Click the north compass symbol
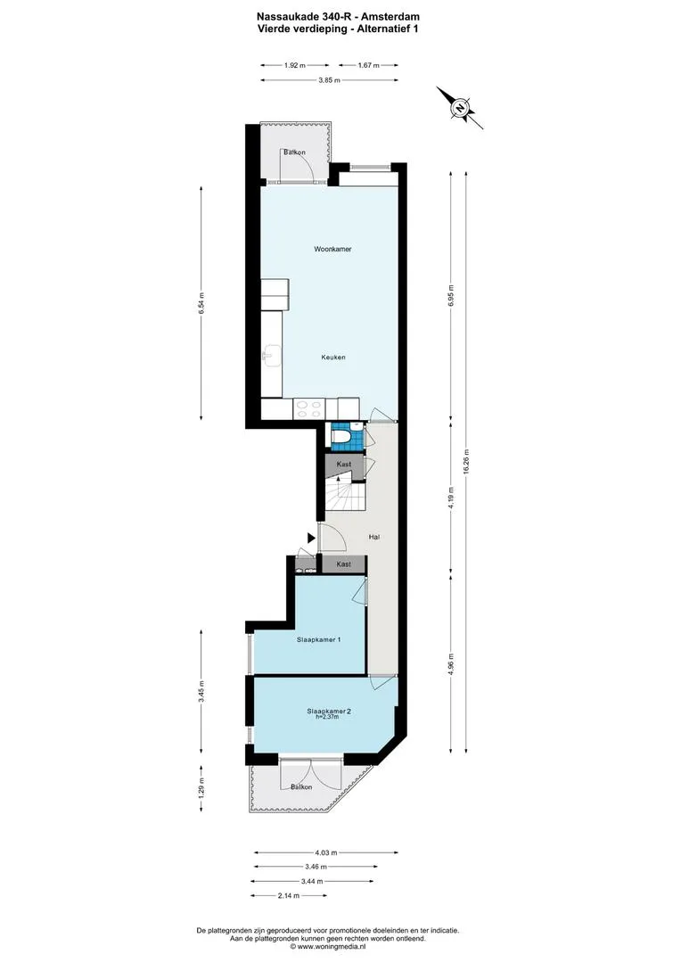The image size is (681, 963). (459, 108)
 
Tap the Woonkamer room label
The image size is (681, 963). (332, 250)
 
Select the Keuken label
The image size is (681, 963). (332, 358)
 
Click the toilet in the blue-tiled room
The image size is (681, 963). (340, 436)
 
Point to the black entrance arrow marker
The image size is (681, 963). (311, 538)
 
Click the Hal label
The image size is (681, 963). (374, 537)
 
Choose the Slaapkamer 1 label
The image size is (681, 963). (319, 639)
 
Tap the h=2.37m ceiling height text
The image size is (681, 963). (327, 717)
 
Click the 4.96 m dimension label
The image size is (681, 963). (451, 664)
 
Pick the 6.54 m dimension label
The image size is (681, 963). (201, 303)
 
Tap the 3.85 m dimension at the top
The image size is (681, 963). (329, 80)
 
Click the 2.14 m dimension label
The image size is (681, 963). (289, 895)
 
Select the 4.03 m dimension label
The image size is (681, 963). (326, 852)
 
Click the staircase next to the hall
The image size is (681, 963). (345, 495)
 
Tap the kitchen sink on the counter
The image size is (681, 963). (270, 356)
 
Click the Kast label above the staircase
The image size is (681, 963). (344, 465)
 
